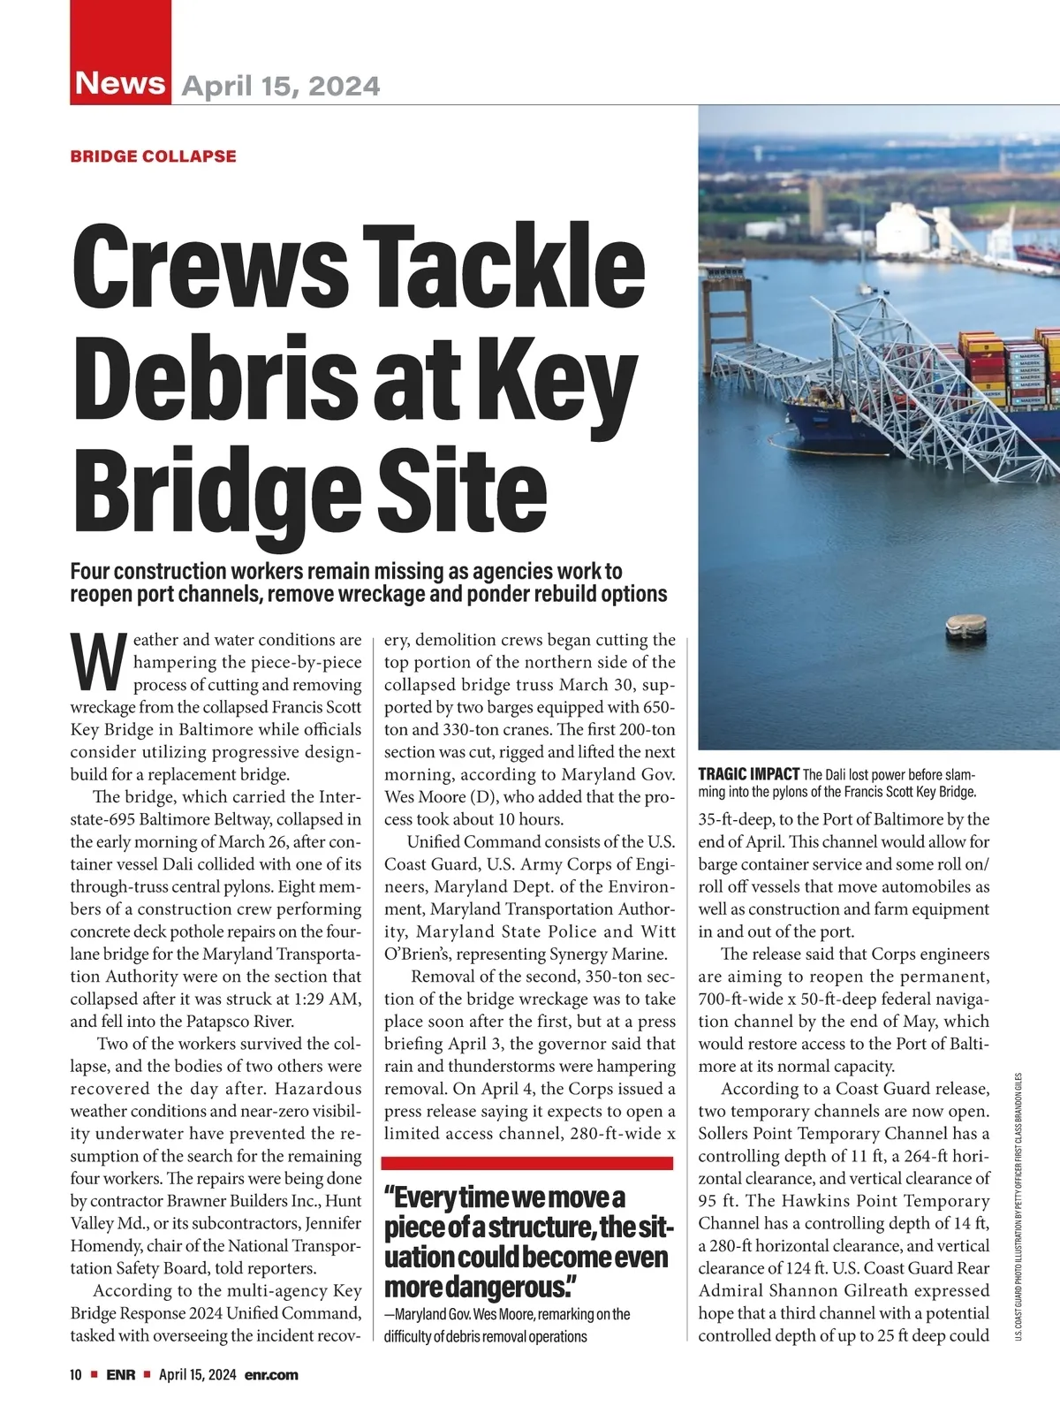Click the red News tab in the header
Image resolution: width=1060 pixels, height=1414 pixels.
click(x=120, y=83)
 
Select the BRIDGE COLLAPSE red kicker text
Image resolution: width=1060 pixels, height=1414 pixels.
click(x=153, y=156)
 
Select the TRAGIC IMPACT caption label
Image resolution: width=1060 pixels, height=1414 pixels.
click(x=748, y=775)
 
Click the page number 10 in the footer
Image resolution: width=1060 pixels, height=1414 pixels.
click(x=76, y=1375)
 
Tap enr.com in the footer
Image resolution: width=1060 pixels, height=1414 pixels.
click(x=271, y=1375)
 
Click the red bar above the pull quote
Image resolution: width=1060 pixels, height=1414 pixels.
click(x=527, y=1163)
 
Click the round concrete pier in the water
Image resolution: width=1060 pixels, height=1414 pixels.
click(x=965, y=627)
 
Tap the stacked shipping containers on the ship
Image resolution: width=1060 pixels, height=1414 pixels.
click(x=1007, y=367)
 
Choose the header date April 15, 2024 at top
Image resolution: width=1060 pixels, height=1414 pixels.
click(x=281, y=86)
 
